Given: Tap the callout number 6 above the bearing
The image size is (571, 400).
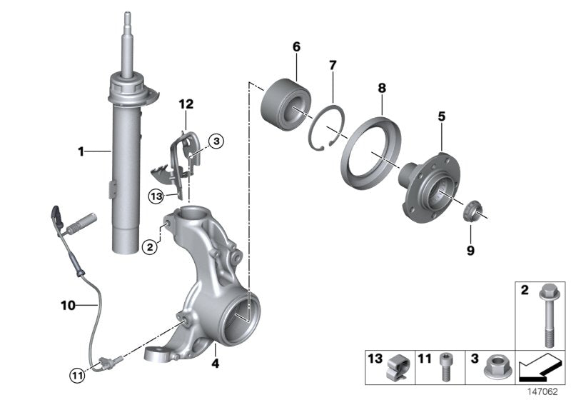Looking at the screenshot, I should (296, 47).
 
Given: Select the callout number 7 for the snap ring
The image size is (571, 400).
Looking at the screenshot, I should (332, 66).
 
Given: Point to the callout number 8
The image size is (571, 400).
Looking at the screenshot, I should (382, 88).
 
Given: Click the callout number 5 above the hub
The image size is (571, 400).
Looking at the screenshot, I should (442, 115).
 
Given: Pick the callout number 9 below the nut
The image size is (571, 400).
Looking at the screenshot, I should (470, 251).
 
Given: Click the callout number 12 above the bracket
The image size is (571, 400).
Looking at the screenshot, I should (186, 104).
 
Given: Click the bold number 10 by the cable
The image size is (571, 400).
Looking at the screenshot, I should (68, 305).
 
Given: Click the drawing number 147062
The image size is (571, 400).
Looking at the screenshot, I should (548, 391).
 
